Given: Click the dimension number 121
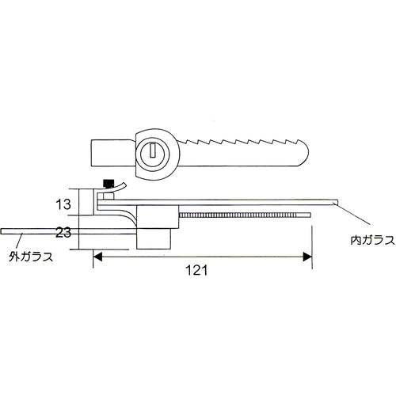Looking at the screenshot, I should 197,270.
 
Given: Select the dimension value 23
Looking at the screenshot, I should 65,232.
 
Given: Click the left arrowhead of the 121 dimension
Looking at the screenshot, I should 99,257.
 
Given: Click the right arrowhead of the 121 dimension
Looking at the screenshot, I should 305,257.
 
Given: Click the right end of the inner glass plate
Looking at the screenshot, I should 335,201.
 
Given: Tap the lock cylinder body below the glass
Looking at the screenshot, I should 155,236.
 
